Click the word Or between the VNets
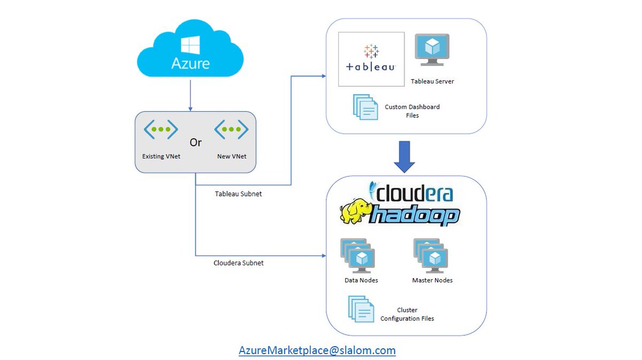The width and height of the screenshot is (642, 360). (196, 143)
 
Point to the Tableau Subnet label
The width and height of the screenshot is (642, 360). (238, 194)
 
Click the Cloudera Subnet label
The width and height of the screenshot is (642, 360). (238, 263)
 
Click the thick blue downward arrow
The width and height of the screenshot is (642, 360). (405, 157)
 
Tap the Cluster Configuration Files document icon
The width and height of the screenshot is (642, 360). (362, 309)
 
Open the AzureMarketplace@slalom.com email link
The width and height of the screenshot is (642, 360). (317, 351)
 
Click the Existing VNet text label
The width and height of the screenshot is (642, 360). (160, 157)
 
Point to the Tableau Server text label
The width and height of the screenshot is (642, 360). (432, 82)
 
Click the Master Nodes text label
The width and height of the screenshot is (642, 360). (432, 280)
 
